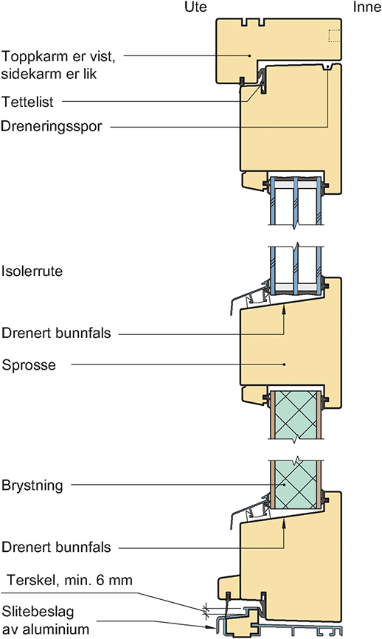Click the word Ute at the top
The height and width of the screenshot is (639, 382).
[195, 7]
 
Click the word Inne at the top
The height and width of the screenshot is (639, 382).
[367, 7]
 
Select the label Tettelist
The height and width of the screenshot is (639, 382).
[27, 102]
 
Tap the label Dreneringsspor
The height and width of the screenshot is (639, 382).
[52, 126]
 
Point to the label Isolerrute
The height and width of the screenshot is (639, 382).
[32, 271]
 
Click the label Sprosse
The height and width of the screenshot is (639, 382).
[29, 365]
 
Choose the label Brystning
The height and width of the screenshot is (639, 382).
[32, 486]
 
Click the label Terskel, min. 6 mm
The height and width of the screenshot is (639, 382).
[69, 580]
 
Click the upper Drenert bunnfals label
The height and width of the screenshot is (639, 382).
[56, 333]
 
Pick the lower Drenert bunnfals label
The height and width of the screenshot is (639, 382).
[56, 547]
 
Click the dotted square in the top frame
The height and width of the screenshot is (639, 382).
[334, 36]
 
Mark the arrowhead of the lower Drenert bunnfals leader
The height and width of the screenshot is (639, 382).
[284, 524]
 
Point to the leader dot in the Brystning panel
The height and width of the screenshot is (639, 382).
[284, 485]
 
